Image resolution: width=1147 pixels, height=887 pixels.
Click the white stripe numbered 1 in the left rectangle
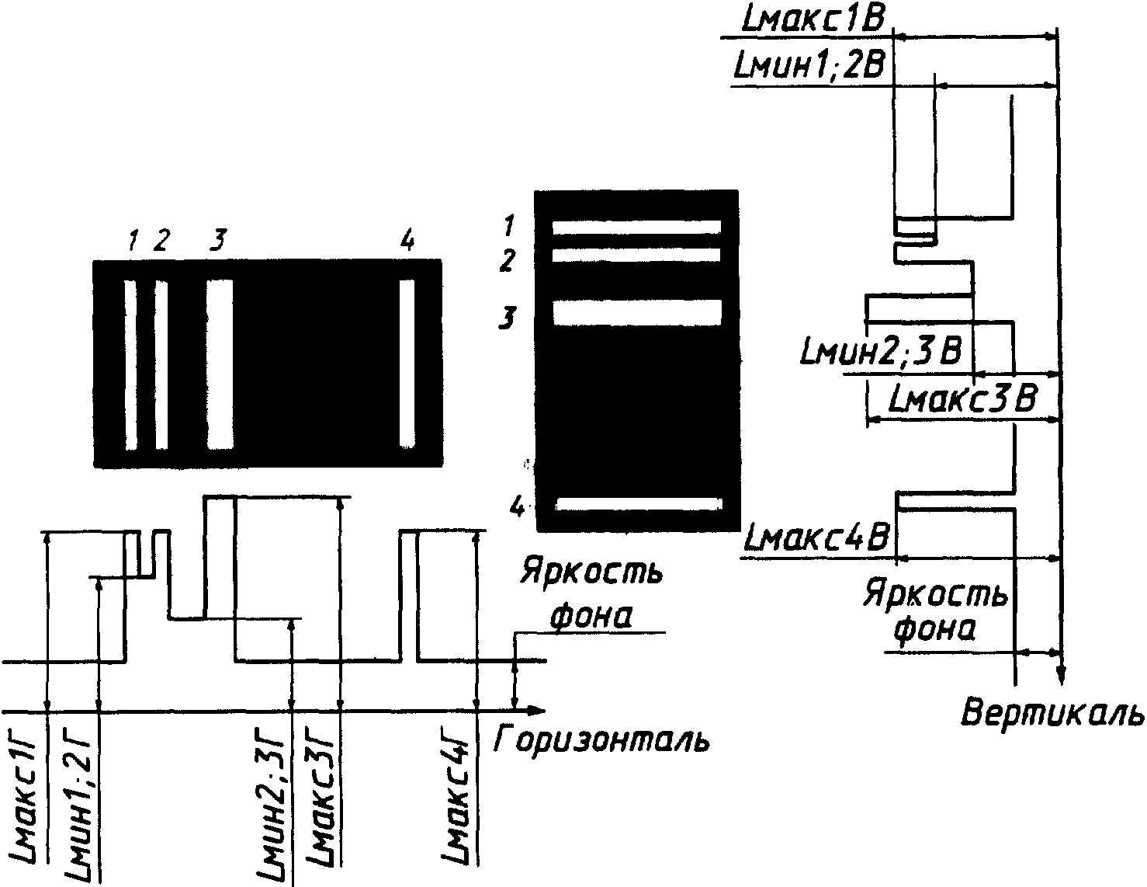130,365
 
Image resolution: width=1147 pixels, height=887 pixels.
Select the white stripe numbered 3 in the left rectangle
220,365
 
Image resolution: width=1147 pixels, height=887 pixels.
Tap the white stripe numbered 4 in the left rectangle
407,363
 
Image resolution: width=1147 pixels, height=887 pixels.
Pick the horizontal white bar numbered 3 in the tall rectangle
637,312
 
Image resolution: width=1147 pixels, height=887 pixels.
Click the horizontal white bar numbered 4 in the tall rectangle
639,505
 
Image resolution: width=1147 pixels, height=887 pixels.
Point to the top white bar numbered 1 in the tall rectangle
636,227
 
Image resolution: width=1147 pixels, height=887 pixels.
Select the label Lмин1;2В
809,68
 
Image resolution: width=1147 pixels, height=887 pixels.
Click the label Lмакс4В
816,538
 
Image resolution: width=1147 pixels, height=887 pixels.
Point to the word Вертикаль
1052,712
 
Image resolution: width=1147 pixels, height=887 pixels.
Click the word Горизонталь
601,739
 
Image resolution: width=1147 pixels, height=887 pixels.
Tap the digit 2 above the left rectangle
161,240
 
